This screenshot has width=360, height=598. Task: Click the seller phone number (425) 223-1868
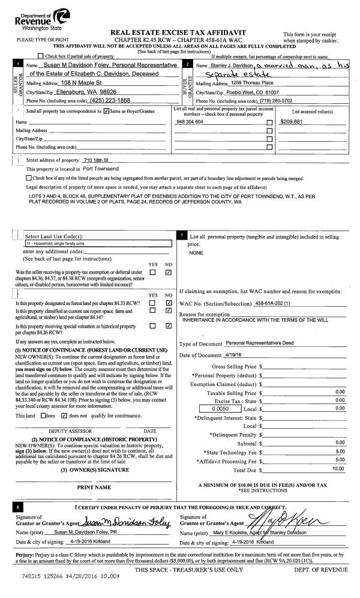click(x=109, y=100)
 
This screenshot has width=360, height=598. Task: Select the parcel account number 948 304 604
click(x=191, y=122)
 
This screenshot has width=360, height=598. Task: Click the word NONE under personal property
click(x=196, y=253)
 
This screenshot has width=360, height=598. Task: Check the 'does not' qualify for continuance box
click(x=64, y=415)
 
